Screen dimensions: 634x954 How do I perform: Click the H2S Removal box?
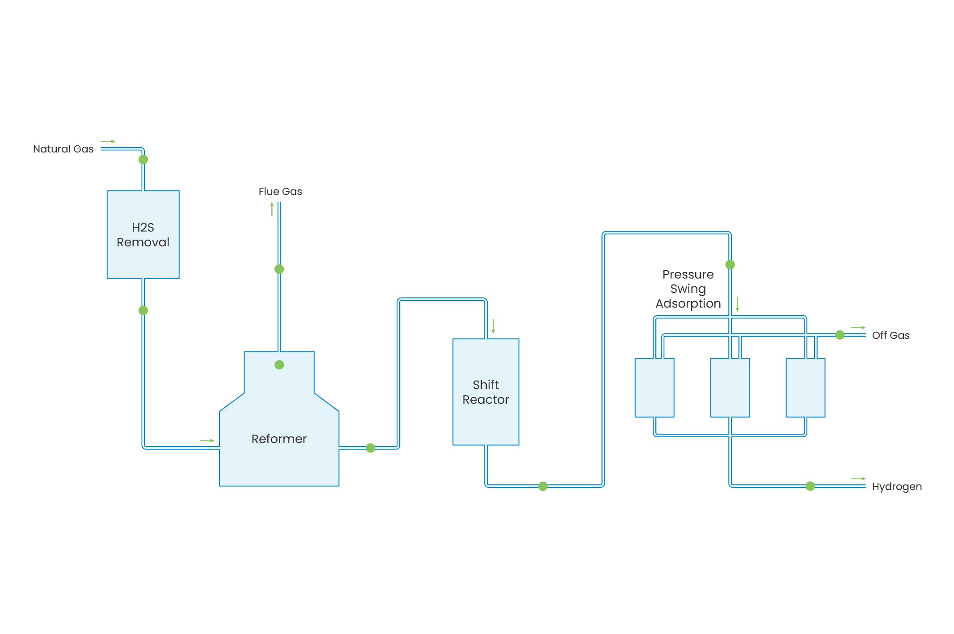[143, 234]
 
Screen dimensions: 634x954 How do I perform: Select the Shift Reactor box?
[485, 392]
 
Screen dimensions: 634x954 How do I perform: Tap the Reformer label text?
[279, 439]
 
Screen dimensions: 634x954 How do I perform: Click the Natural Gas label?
[63, 149]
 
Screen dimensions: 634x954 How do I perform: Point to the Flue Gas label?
[280, 191]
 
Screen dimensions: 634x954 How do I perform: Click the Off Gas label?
[891, 335]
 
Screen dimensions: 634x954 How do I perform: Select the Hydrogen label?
[896, 486]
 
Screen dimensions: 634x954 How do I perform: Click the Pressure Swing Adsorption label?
[688, 289]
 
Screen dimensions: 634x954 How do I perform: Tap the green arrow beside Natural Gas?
[108, 141]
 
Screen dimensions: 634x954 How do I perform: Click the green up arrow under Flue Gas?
[272, 209]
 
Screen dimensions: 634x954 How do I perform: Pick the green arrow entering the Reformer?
[207, 440]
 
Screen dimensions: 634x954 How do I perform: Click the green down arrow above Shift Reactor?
[493, 326]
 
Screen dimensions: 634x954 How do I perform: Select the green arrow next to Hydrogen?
[858, 479]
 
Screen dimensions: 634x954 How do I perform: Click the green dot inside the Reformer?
[279, 365]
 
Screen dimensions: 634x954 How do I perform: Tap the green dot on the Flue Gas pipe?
[279, 269]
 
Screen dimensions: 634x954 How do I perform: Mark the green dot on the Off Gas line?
[840, 335]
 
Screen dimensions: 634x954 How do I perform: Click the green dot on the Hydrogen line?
[810, 486]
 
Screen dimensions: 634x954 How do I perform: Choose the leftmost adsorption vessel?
[654, 388]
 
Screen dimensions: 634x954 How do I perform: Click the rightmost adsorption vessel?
[805, 388]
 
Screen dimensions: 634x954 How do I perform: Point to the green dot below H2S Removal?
[143, 310]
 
